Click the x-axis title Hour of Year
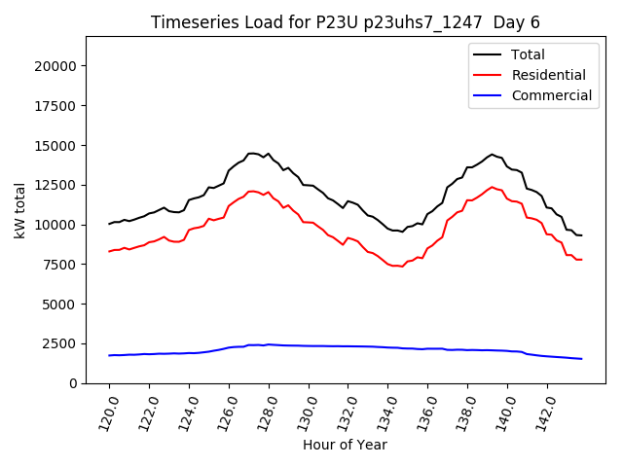345,445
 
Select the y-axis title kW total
18,210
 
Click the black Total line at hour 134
388,230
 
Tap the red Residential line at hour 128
269,193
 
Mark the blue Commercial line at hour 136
428,348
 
